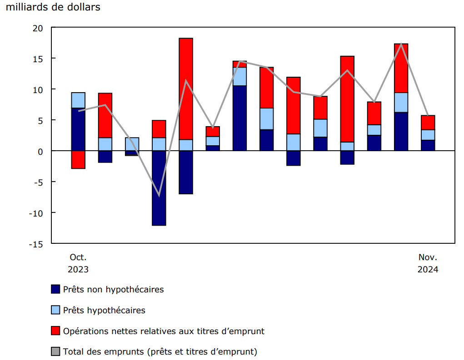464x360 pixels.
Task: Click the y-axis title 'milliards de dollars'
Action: point(53,8)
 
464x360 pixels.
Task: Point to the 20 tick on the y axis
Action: point(38,28)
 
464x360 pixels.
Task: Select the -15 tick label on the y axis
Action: point(36,244)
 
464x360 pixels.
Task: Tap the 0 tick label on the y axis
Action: point(40,151)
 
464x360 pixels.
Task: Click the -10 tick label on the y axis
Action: point(36,213)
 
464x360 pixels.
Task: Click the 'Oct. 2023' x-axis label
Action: point(78,263)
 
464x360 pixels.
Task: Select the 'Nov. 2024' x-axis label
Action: point(428,263)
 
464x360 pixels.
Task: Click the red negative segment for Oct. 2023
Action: point(78,159)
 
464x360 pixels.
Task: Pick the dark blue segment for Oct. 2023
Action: point(78,129)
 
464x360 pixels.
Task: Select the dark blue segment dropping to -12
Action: point(159,187)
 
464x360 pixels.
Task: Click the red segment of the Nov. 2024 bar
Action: point(428,123)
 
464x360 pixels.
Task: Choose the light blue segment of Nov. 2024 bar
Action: point(428,135)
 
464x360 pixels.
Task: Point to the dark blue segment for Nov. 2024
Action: point(428,145)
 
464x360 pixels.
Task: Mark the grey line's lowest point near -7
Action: point(159,196)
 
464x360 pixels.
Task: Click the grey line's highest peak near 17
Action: point(401,44)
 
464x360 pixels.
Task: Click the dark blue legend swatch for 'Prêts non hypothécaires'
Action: point(55,289)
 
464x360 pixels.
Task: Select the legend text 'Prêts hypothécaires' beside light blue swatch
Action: point(104,311)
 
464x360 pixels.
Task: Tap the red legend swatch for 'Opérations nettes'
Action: point(55,331)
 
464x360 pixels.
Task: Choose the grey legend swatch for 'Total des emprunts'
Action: point(55,351)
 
